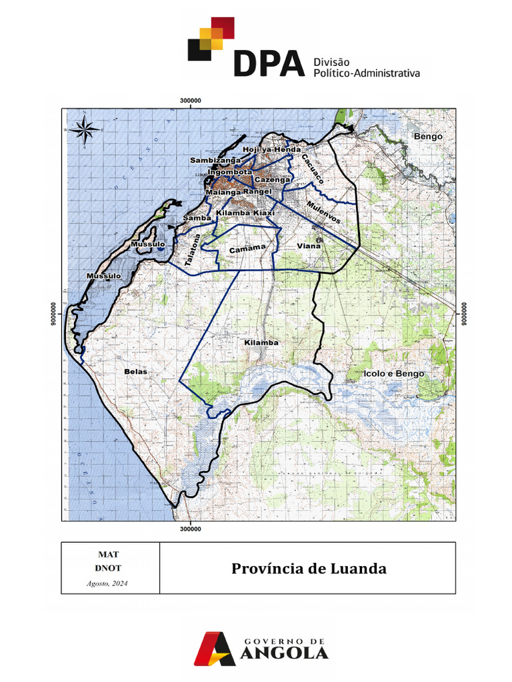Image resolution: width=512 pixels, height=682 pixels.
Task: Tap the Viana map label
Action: (309, 246)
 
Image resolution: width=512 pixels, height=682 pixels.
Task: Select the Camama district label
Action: (243, 250)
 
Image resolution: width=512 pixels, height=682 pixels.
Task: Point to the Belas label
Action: (135, 370)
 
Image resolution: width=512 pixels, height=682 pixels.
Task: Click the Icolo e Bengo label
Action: (393, 374)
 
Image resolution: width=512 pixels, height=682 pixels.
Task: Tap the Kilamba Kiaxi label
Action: (245, 213)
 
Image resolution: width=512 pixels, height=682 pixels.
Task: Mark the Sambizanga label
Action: (215, 161)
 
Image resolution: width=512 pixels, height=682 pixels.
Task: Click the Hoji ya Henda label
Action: (272, 150)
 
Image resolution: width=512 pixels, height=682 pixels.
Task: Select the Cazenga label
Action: (273, 180)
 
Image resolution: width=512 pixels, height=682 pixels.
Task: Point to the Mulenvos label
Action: (324, 210)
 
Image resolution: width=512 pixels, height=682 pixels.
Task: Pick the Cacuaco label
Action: (312, 170)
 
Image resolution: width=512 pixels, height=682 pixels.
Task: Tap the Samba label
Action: (197, 218)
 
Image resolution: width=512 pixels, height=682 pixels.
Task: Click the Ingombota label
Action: (229, 172)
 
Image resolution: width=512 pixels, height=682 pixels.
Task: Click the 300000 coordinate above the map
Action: (191, 100)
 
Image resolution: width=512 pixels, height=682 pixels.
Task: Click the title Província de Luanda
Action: (309, 569)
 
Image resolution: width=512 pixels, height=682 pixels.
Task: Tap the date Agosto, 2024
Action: (107, 583)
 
